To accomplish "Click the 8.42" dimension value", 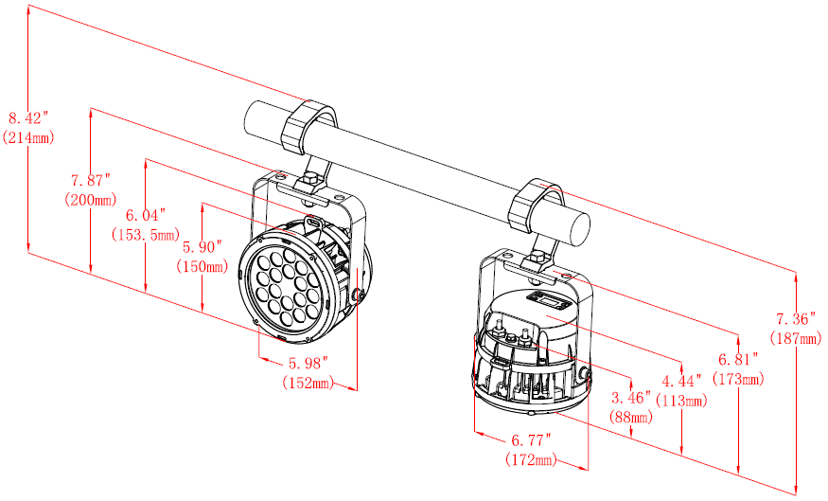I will tap(28, 118).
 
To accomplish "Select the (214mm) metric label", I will tap(28, 137).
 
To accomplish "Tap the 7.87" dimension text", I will tap(91, 180).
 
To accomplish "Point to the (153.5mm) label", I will tap(146, 234).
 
